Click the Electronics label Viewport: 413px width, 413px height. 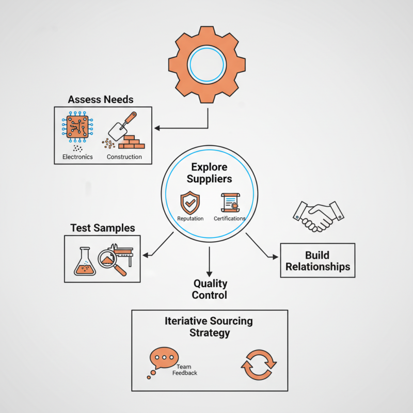pyautogui.click(x=77, y=156)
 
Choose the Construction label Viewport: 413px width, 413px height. pyautogui.click(x=124, y=156)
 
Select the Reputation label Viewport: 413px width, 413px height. pyautogui.click(x=190, y=218)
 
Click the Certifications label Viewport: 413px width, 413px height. pyautogui.click(x=229, y=218)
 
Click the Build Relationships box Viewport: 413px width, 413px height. pyautogui.click(x=317, y=261)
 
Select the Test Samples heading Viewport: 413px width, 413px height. pyautogui.click(x=102, y=228)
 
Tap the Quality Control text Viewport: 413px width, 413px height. pyautogui.click(x=210, y=289)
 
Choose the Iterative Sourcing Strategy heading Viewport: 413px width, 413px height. pyautogui.click(x=209, y=327)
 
